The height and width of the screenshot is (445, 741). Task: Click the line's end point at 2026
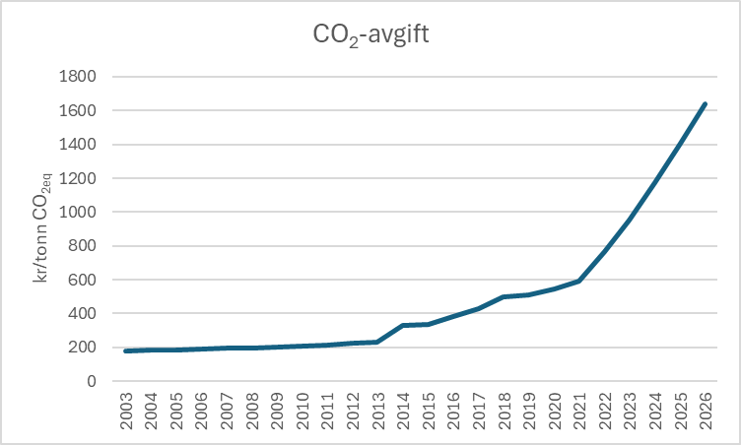pyautogui.click(x=705, y=103)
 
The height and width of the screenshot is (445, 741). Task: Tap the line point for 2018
pyautogui.click(x=504, y=296)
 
